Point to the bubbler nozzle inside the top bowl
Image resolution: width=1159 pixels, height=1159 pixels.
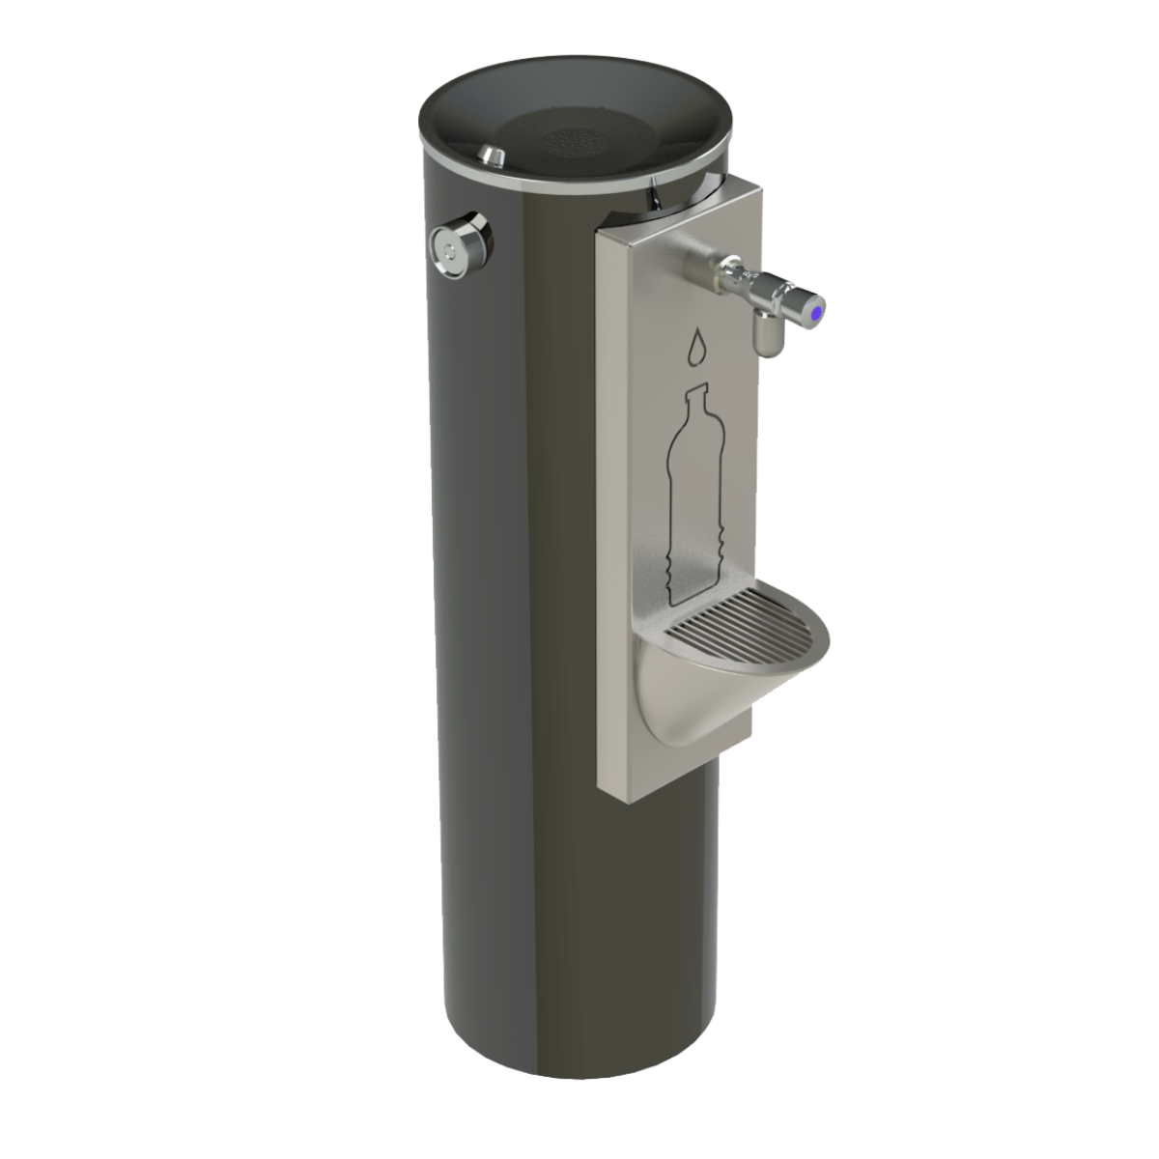point(494,155)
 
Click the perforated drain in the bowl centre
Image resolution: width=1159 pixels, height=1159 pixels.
point(577,144)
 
